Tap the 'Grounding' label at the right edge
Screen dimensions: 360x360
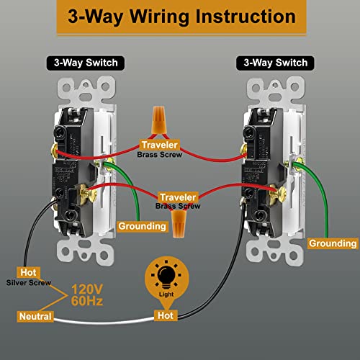[332, 244]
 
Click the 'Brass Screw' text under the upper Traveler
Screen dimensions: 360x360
[160, 155]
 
